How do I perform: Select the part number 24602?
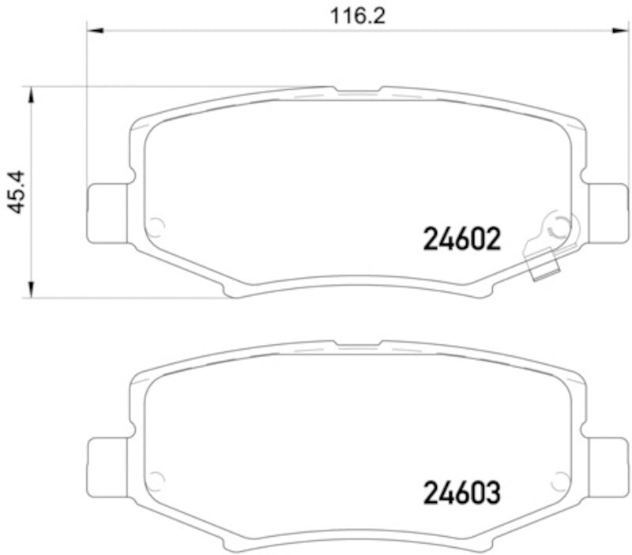tap(462, 238)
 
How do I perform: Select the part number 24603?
tap(462, 493)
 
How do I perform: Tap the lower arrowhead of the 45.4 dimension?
tap(31, 290)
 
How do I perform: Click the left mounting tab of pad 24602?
tap(106, 212)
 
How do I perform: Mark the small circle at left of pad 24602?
tap(156, 227)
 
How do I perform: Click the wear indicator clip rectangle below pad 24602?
tap(544, 269)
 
